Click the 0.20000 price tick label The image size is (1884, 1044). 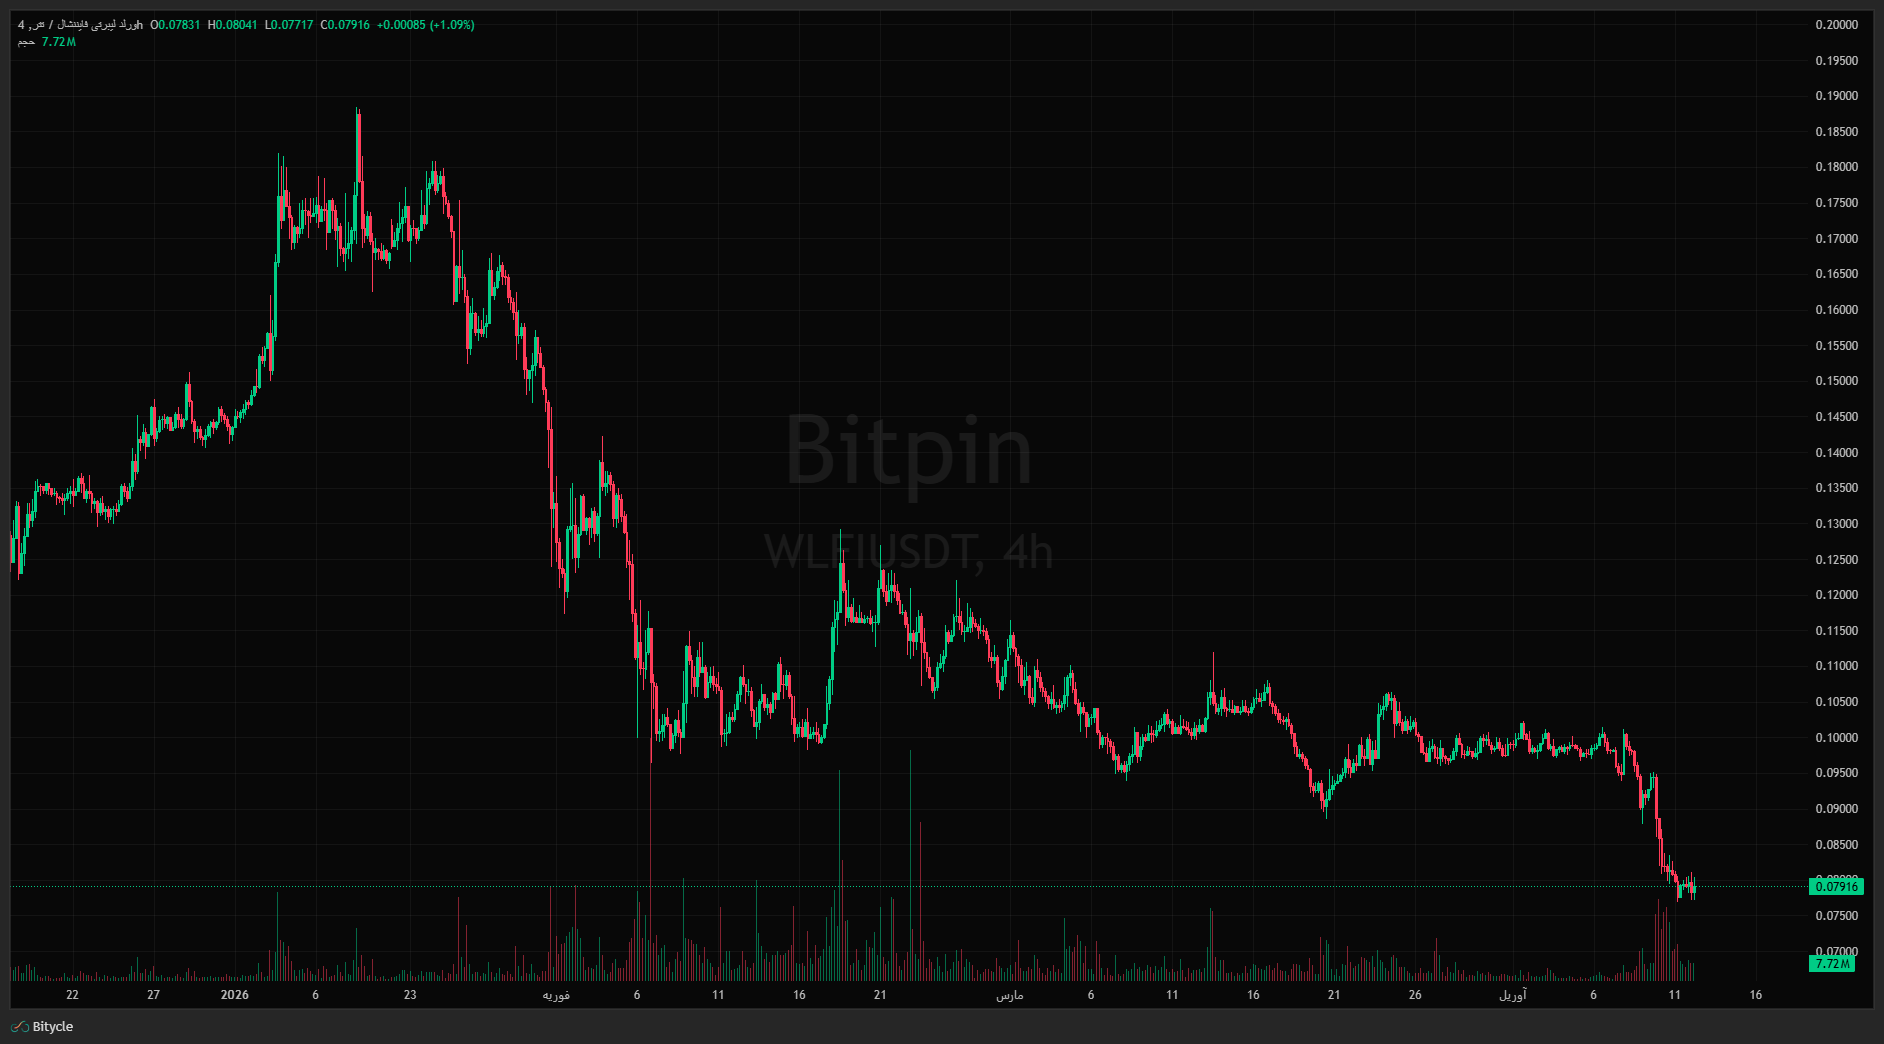(1836, 25)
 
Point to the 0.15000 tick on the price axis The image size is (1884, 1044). (1836, 381)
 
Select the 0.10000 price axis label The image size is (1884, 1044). (1836, 738)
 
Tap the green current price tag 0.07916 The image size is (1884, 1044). (1836, 887)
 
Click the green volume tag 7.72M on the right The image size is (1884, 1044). (1832, 964)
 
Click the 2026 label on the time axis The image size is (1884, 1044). (235, 995)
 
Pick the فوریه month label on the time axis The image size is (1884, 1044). (556, 995)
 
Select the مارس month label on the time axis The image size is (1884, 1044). (1009, 995)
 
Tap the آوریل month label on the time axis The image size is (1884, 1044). (1512, 995)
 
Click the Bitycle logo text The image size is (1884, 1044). (52, 1027)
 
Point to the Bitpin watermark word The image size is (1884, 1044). (908, 451)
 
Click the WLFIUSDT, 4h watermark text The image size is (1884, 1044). (908, 552)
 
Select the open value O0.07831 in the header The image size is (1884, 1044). (175, 25)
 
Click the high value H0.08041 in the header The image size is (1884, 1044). (232, 25)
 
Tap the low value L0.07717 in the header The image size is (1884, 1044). (289, 25)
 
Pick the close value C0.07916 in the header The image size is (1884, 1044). (345, 25)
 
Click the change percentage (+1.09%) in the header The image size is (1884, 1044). (452, 25)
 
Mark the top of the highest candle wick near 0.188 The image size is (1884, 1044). (358, 109)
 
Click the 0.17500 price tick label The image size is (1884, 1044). (1836, 203)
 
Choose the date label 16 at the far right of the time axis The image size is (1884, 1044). (1755, 995)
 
